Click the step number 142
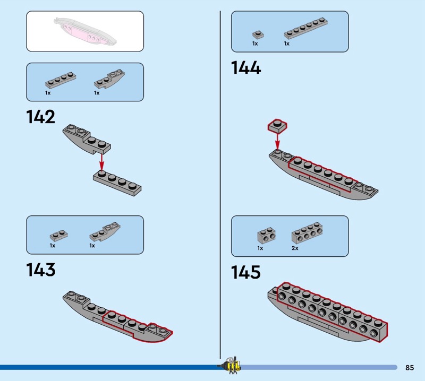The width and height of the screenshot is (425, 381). click(x=41, y=117)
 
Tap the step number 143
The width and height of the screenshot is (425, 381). click(x=41, y=270)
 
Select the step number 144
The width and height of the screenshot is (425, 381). click(x=246, y=67)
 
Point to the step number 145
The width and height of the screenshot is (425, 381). click(x=246, y=272)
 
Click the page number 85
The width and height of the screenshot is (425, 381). click(x=410, y=367)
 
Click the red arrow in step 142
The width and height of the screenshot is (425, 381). click(x=101, y=162)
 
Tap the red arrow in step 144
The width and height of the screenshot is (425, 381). click(x=277, y=141)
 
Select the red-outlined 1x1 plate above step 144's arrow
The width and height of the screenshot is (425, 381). click(x=277, y=126)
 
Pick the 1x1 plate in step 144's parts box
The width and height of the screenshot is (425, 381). click(x=258, y=34)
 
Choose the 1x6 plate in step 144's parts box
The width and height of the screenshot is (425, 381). click(x=306, y=28)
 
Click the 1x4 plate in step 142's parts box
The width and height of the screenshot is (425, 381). click(x=61, y=80)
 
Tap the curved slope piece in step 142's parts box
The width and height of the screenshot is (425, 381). click(x=109, y=79)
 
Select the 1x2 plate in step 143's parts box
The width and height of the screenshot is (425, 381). click(x=58, y=236)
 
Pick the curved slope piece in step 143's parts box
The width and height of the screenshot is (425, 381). click(x=105, y=232)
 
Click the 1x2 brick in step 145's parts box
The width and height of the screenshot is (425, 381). click(x=267, y=235)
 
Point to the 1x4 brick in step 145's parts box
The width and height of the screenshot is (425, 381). click(x=307, y=232)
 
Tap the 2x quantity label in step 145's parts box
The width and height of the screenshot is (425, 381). click(x=295, y=248)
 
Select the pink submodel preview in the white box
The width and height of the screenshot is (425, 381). click(x=85, y=31)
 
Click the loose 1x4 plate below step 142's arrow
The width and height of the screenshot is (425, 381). click(x=117, y=184)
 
